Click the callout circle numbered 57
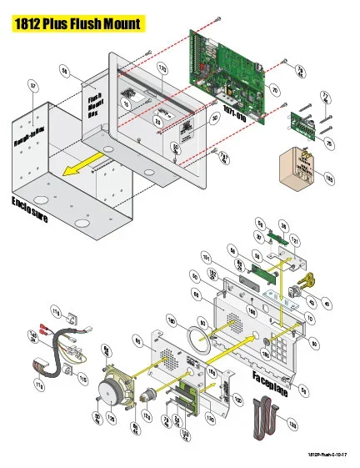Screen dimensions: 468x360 coord(32,85)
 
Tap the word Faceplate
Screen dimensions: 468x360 coord(271,385)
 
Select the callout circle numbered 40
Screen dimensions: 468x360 coord(326,304)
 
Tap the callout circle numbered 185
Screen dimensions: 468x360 coord(328,178)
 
